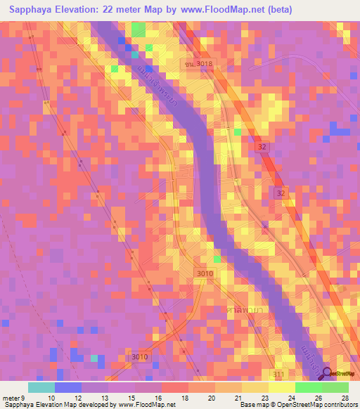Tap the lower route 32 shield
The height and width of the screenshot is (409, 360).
[281, 191]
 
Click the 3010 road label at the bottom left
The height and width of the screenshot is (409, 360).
[139, 357]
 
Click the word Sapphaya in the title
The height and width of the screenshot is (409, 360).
[26, 9]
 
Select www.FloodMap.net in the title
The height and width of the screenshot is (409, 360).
[217, 9]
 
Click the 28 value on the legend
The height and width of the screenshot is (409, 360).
[345, 398]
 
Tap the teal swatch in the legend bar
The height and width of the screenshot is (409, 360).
[41, 387]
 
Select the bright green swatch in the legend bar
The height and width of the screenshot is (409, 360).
[308, 387]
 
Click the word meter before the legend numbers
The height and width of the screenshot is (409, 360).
[12, 398]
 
